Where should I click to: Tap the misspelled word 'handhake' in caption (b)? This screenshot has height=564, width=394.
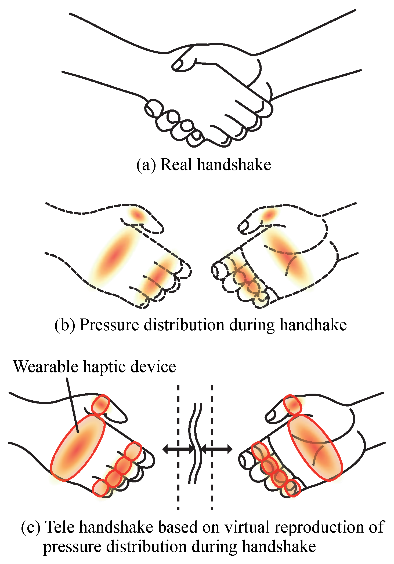point(313,325)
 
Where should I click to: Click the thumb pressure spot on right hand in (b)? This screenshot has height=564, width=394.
point(269,215)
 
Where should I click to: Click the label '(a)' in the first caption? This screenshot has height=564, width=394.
point(146,165)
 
